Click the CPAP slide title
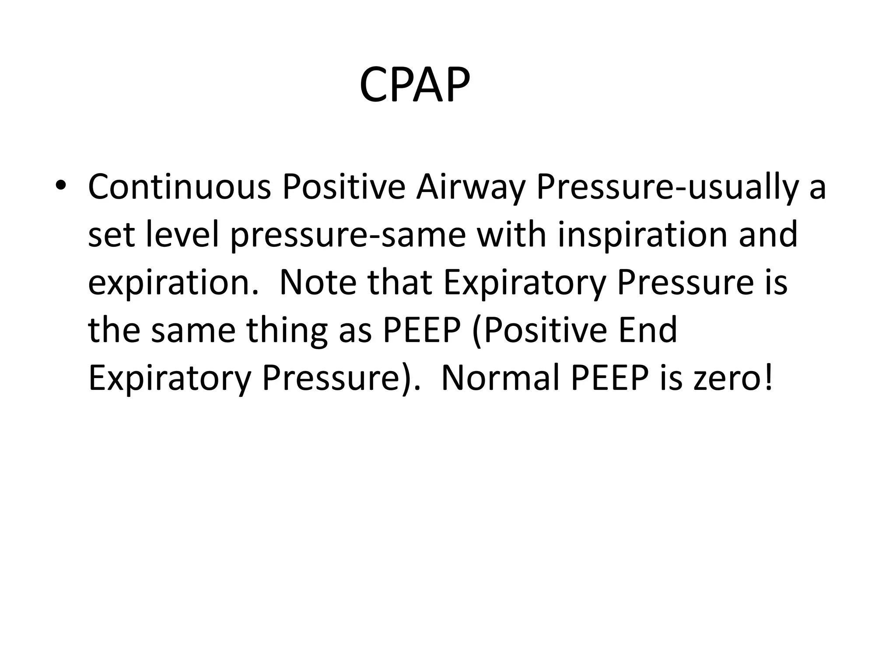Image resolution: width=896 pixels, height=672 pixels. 414,85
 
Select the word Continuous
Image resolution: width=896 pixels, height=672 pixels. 179,187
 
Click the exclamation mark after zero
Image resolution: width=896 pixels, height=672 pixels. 769,378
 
